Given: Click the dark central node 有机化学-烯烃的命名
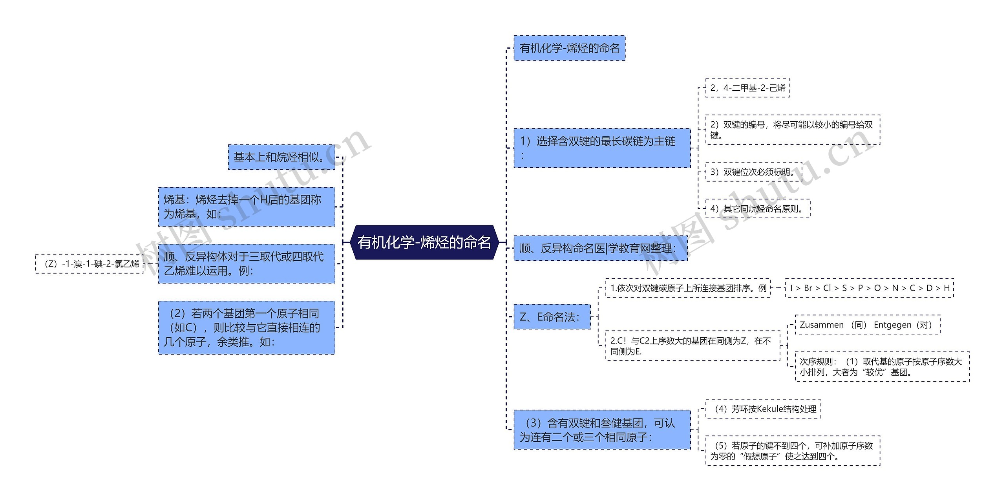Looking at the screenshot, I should tap(424, 242).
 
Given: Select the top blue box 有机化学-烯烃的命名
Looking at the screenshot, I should tap(569, 48).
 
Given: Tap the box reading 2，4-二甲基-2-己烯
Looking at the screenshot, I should tap(747, 88).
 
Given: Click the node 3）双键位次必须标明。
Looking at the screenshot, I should tap(753, 172).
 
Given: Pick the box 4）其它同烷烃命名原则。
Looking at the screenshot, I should tap(757, 208).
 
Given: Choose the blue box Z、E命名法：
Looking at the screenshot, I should tap(552, 317).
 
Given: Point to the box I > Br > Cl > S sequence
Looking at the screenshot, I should tap(869, 288).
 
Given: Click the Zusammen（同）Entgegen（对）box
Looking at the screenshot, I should tap(867, 325).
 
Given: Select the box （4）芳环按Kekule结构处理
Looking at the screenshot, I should tap(763, 409).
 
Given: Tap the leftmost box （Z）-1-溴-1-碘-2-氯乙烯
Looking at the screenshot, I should tap(90, 263).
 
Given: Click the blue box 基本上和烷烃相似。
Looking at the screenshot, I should tap(281, 157).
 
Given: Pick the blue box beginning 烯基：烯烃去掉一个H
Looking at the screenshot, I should tap(247, 207).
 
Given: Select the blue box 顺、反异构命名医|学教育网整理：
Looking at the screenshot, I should tap(600, 248).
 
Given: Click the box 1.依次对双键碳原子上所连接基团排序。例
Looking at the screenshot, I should tap(688, 288).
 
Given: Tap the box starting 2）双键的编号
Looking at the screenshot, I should tap(792, 130).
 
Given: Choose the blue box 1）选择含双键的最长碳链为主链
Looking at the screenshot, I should tap(602, 148).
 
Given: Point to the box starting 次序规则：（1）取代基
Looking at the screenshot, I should tap(882, 367).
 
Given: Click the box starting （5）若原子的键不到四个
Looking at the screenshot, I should tap(792, 451).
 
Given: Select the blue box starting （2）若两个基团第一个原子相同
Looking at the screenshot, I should tap(247, 327).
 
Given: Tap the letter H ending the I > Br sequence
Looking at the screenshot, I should tap(947, 288).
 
